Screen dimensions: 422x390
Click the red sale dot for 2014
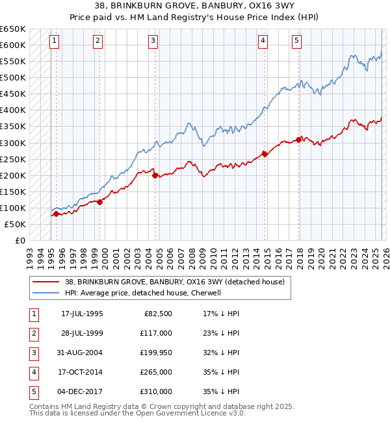point(265,154)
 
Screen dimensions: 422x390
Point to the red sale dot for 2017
point(299,139)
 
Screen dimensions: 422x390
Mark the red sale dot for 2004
point(155,175)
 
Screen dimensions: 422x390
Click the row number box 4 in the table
point(32,372)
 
